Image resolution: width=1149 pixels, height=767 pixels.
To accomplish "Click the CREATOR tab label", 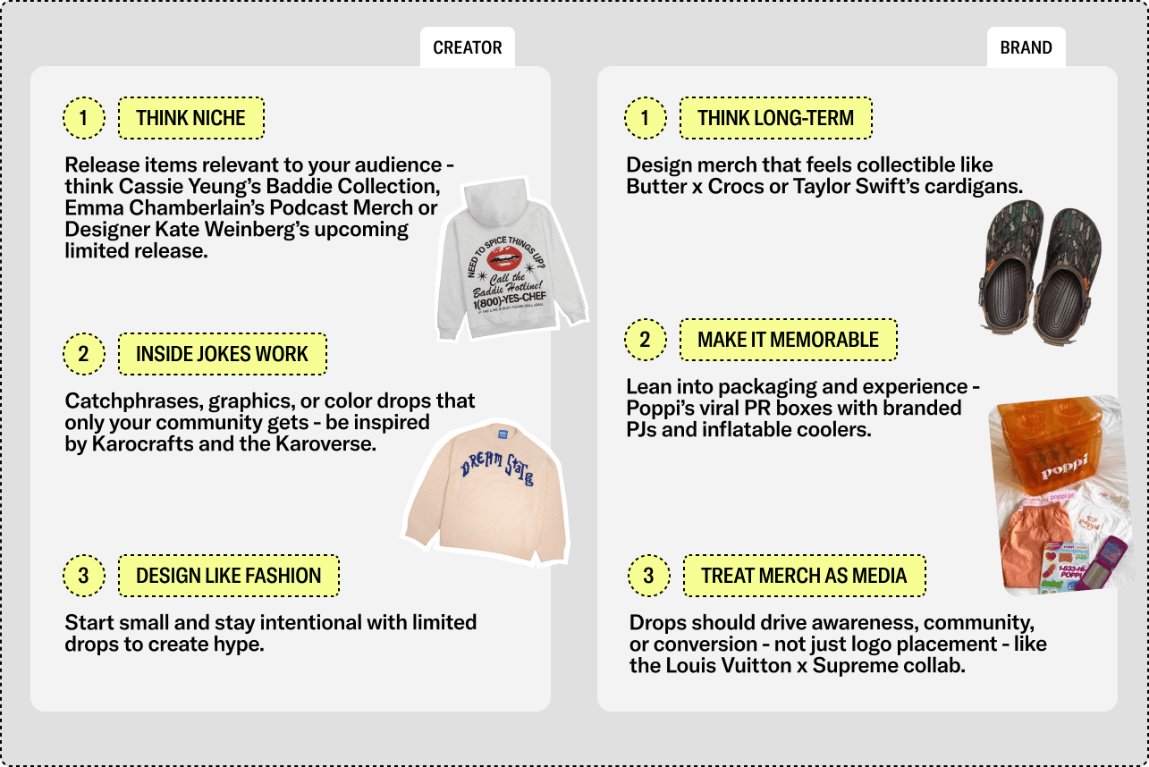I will (467, 47).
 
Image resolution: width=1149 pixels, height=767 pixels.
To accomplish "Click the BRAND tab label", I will (1026, 47).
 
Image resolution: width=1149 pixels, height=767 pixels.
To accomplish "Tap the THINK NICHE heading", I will (190, 118).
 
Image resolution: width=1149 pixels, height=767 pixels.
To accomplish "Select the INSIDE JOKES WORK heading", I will (222, 354).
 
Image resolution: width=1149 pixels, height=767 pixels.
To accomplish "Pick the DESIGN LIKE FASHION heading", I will (228, 576).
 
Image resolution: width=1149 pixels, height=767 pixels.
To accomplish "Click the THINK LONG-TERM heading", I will (775, 118).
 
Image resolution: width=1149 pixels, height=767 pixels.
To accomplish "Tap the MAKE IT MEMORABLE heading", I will (788, 340).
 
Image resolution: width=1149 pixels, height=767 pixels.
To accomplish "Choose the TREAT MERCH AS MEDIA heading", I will (804, 576).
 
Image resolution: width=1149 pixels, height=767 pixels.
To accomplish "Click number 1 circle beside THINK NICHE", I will (84, 118).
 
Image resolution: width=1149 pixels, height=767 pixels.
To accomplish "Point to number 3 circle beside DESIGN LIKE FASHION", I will (84, 576).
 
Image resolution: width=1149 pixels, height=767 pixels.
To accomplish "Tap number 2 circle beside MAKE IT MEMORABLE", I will (646, 340).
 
